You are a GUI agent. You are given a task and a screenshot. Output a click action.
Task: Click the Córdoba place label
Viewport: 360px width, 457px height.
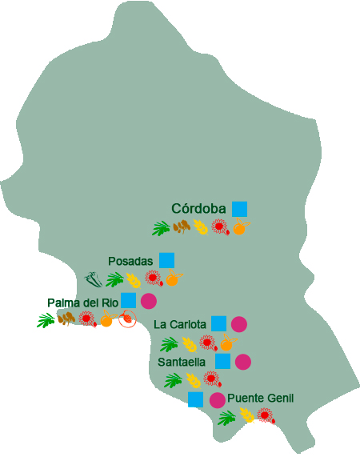click(x=199, y=209)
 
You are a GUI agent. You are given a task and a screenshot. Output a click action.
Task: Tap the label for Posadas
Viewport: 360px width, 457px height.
click(x=130, y=262)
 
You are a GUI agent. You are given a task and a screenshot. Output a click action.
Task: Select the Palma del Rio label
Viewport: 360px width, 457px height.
click(x=82, y=303)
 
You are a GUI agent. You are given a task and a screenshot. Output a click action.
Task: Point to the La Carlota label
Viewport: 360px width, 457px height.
click(x=179, y=324)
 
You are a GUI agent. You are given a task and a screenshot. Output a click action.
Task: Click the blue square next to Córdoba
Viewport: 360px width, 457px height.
click(x=239, y=208)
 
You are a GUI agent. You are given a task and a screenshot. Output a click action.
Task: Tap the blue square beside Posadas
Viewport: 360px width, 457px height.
click(x=166, y=259)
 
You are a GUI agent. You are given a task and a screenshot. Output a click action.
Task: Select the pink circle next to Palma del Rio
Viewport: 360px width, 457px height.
click(x=148, y=302)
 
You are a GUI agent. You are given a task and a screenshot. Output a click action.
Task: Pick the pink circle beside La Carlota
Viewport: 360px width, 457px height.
click(x=238, y=324)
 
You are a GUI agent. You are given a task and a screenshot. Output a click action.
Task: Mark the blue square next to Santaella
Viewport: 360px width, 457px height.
click(x=222, y=361)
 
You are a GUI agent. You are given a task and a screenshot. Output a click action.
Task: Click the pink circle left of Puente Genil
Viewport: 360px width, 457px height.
click(x=217, y=399)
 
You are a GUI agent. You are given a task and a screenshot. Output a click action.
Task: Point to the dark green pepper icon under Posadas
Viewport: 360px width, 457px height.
click(x=94, y=279)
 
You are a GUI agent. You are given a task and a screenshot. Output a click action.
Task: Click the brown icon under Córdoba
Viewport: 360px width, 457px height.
click(x=182, y=226)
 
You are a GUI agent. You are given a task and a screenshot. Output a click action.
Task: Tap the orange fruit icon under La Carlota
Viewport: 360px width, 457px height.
click(x=226, y=344)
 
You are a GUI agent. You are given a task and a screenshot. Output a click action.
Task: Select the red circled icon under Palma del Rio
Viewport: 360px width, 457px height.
click(x=126, y=320)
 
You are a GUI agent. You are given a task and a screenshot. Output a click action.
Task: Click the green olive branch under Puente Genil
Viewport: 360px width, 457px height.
click(x=227, y=417)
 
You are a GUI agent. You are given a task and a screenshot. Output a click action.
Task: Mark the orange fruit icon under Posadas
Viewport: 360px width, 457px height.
click(x=172, y=279)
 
